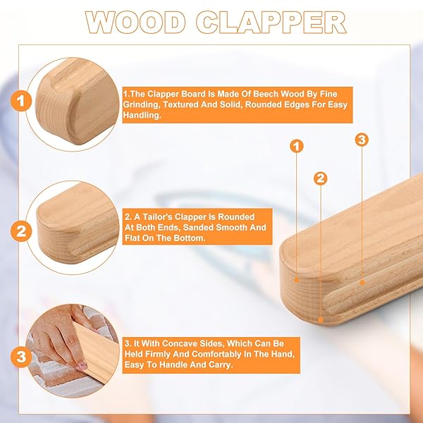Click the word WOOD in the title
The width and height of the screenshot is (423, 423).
click(x=135, y=22)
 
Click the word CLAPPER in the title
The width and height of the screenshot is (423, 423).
click(x=271, y=22)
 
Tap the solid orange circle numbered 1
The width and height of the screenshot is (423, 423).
click(x=21, y=101)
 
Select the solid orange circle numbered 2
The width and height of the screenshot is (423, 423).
click(x=21, y=231)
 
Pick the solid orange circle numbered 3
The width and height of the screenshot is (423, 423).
click(x=21, y=357)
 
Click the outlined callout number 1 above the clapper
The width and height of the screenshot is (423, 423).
click(x=297, y=146)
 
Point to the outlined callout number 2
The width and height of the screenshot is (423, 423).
click(x=320, y=178)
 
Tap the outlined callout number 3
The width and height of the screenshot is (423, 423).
click(x=362, y=140)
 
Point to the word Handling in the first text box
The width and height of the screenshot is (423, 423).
click(x=142, y=116)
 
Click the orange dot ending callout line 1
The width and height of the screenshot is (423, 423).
click(x=297, y=280)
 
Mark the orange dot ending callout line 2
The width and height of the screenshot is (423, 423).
click(x=320, y=320)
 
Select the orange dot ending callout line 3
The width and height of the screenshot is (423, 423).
click(x=362, y=283)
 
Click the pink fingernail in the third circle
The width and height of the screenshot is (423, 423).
click(x=82, y=365)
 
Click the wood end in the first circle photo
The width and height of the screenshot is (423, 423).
click(x=77, y=101)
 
